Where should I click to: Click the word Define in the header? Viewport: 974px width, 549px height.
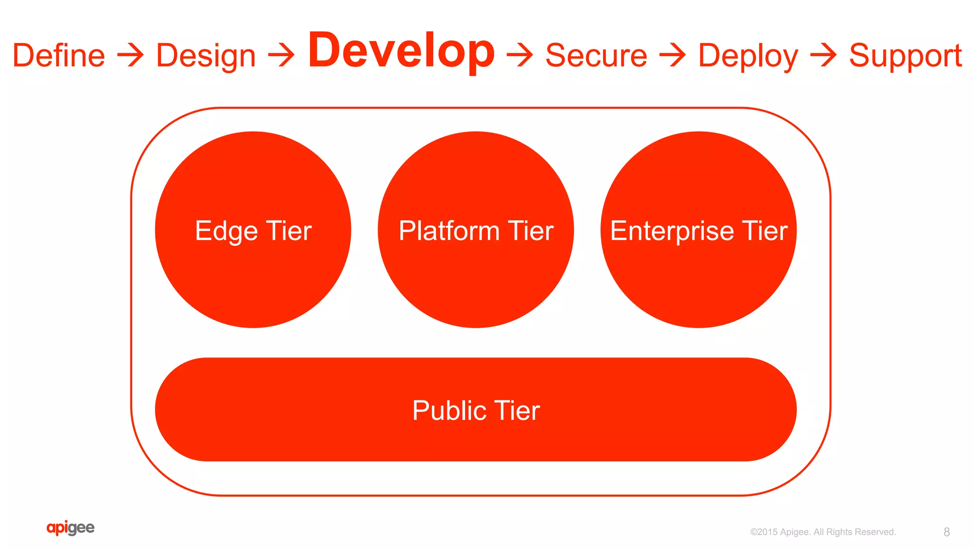tap(58, 55)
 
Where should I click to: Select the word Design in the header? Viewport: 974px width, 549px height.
tap(205, 56)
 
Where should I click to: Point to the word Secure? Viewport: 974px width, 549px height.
tap(596, 55)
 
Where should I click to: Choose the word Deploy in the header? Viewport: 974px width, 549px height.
tap(748, 56)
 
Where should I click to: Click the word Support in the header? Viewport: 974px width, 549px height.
tap(905, 56)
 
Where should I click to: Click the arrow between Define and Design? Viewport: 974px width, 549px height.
tap(130, 55)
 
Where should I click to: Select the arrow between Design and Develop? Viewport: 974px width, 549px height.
tap(282, 55)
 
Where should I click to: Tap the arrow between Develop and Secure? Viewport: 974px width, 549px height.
tap(520, 55)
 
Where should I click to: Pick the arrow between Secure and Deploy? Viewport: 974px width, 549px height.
tap(672, 55)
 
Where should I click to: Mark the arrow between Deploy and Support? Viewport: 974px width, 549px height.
tap(823, 55)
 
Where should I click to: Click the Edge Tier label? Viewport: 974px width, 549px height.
tap(253, 231)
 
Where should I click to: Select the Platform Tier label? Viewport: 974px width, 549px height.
tap(476, 231)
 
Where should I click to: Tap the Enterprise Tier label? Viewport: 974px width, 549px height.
tap(699, 231)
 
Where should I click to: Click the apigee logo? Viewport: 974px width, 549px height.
tap(70, 528)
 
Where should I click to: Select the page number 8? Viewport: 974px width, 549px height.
tap(946, 532)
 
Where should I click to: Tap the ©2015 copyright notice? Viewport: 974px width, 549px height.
tap(823, 532)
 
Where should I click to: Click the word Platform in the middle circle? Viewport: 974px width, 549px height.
tap(449, 231)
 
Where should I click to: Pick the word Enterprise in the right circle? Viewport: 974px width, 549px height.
tap(672, 231)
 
